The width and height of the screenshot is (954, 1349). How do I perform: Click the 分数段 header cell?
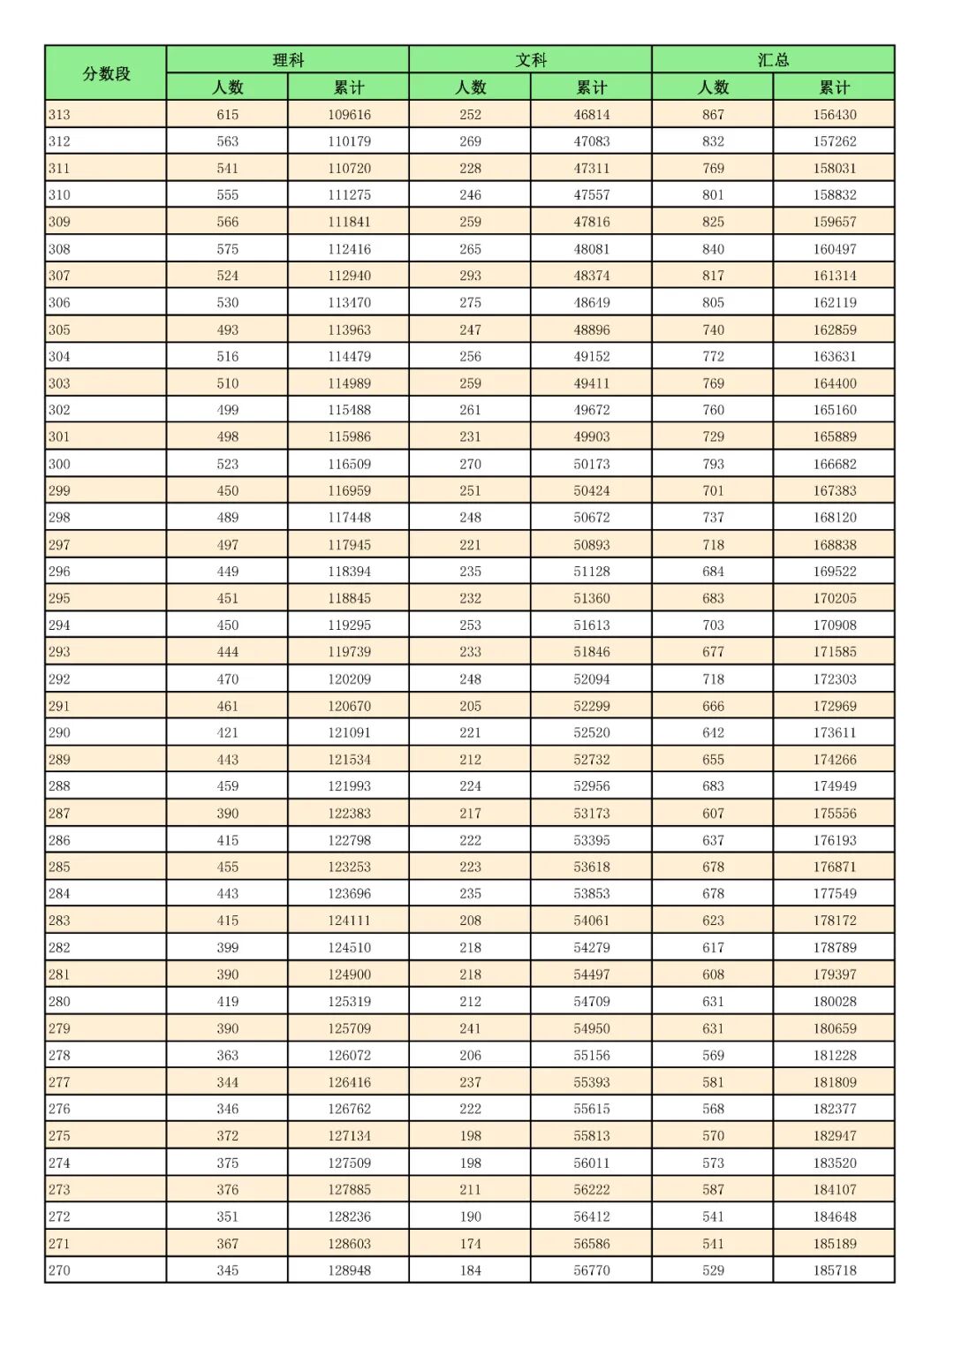(x=106, y=73)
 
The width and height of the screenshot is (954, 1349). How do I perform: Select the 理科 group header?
(x=288, y=60)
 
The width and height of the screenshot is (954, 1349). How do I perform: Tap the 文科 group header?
(x=531, y=60)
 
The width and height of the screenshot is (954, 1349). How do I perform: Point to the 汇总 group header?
(x=773, y=60)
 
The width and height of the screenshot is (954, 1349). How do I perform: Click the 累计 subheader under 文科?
(x=591, y=87)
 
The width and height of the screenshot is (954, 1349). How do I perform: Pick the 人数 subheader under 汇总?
(x=713, y=87)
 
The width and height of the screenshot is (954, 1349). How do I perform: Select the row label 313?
(x=60, y=115)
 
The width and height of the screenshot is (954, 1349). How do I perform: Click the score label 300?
(x=60, y=464)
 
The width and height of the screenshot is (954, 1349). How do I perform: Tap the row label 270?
(x=60, y=1270)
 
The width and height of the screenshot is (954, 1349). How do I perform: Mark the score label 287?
(x=60, y=813)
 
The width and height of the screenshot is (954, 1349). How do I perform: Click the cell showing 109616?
(x=349, y=115)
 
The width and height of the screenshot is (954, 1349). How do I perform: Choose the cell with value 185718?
(x=835, y=1270)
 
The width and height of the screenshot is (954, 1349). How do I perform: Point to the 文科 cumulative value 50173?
(x=592, y=464)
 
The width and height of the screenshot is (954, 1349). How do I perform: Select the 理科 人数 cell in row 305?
(x=228, y=330)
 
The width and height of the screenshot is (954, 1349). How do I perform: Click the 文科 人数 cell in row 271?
(x=470, y=1244)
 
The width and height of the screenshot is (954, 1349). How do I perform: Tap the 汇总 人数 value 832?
(x=713, y=141)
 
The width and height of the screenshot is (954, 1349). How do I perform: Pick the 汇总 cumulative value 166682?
(x=835, y=464)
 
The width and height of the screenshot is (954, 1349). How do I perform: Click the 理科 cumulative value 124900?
(x=349, y=974)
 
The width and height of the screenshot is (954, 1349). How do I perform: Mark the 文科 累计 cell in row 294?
(x=592, y=625)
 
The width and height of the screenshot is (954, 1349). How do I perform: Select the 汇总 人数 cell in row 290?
(x=713, y=732)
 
